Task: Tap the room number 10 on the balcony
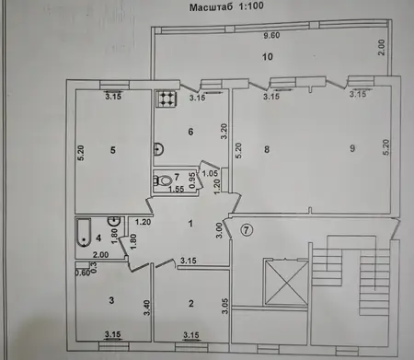(268, 57)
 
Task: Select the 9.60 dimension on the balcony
(271, 36)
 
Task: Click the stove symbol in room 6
(166, 99)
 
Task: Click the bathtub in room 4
(84, 232)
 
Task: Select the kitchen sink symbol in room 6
(158, 149)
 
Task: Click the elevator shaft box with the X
(286, 283)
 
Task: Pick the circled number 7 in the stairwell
(247, 229)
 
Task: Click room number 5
(113, 150)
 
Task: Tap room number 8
(267, 149)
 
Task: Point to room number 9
(352, 148)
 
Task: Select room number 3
(111, 300)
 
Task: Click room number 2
(191, 304)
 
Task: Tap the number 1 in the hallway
(190, 224)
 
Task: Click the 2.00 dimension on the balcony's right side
(381, 47)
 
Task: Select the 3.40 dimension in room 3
(147, 308)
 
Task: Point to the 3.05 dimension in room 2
(225, 306)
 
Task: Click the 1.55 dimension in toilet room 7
(177, 190)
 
